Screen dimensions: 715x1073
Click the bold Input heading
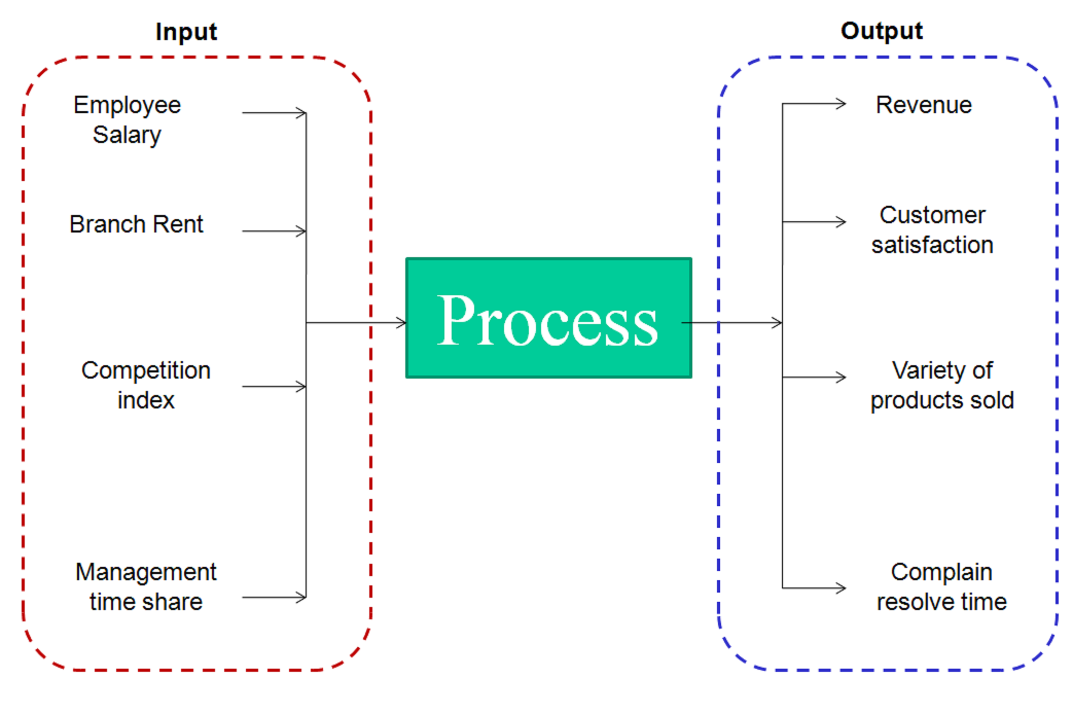[x=186, y=32]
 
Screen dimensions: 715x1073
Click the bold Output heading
[x=881, y=31]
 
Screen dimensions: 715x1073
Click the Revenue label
[x=923, y=105]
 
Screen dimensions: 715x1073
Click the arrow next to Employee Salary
[x=274, y=113]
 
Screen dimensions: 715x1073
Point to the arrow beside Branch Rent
[x=274, y=231]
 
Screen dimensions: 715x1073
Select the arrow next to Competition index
[x=274, y=387]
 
